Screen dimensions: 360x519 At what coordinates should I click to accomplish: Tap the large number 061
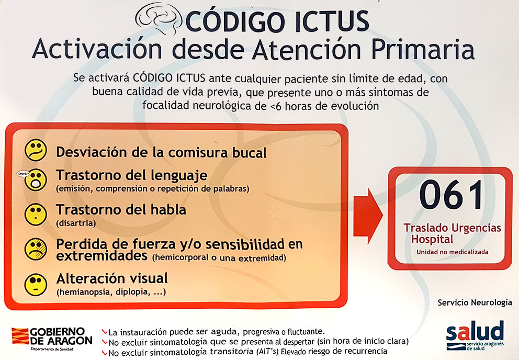tap(451, 195)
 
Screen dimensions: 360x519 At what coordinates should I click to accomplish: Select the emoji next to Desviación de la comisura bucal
tap(36, 150)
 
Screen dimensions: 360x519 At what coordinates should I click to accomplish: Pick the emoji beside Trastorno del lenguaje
tap(36, 179)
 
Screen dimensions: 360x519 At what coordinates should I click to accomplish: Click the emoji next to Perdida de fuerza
tap(36, 249)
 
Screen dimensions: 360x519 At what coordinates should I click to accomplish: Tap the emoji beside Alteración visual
tap(36, 283)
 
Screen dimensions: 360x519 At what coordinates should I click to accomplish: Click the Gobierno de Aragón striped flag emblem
tap(20, 336)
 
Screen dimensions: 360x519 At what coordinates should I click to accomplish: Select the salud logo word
tap(475, 331)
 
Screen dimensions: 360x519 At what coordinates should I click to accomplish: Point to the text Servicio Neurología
tap(475, 302)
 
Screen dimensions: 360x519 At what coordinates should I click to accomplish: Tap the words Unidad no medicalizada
tap(452, 252)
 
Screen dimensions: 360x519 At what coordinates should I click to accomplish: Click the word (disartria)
tap(76, 223)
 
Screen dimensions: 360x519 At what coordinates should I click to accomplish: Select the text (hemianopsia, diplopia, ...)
tap(111, 292)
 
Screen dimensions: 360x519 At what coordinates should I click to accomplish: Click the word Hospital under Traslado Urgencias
tap(432, 239)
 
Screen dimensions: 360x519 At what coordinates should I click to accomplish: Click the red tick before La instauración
tap(105, 332)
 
